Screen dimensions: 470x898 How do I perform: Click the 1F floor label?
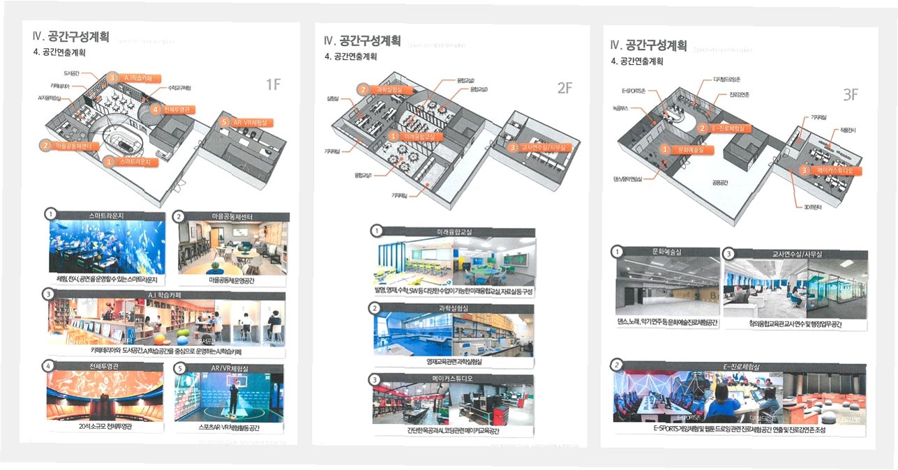pyautogui.click(x=273, y=85)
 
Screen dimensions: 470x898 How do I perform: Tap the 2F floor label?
pyautogui.click(x=564, y=88)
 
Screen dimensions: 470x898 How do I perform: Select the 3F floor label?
pyautogui.click(x=849, y=95)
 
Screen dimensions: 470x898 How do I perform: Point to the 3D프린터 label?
pyautogui.click(x=809, y=207)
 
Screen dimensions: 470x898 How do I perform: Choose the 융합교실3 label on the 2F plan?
pyautogui.click(x=478, y=90)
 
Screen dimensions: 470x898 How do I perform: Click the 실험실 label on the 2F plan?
pyautogui.click(x=334, y=99)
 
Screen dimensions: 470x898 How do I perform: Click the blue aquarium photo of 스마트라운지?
pyautogui.click(x=107, y=248)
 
